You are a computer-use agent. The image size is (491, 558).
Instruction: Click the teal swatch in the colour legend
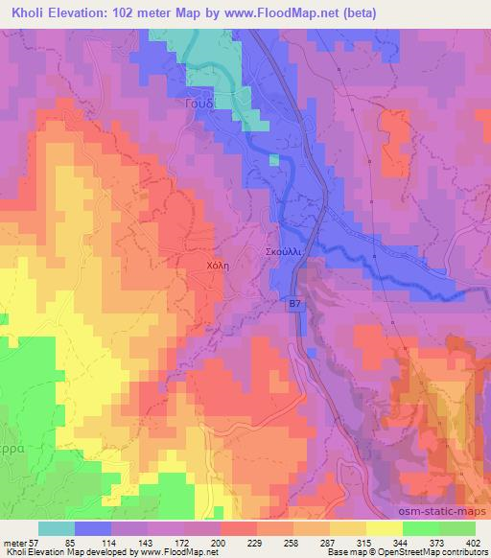tap(56, 528)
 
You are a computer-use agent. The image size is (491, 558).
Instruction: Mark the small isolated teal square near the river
tap(274, 159)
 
